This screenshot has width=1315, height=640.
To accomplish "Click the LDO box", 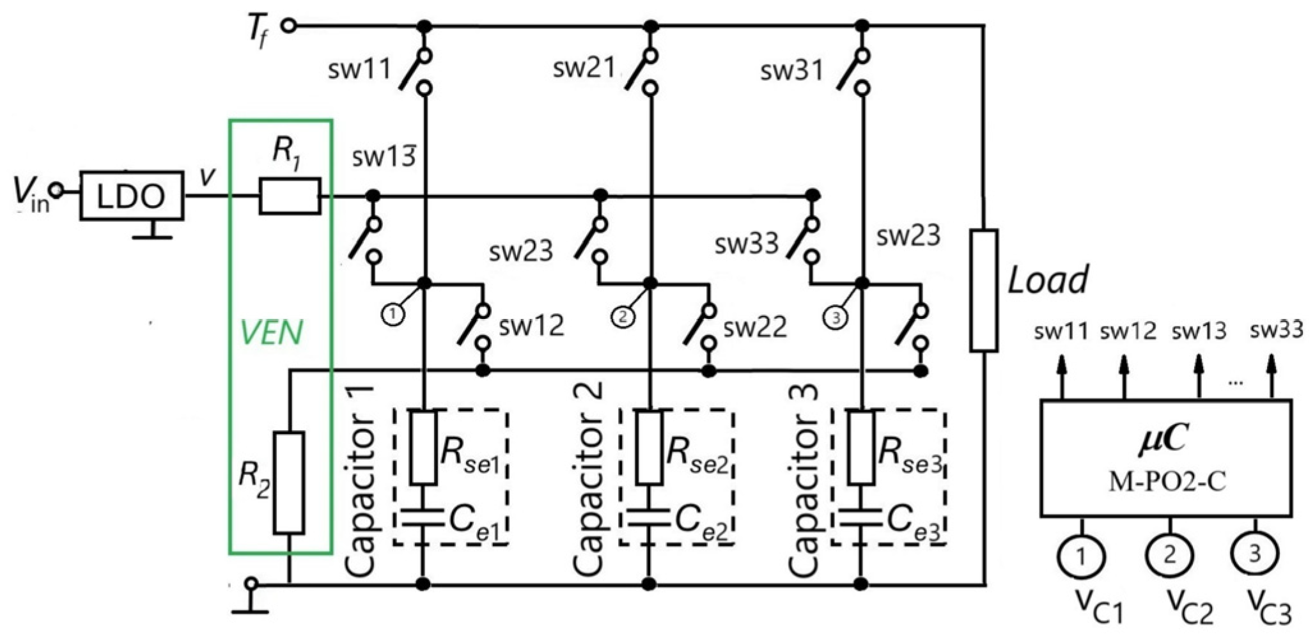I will (132, 196).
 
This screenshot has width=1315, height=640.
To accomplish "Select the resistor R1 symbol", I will (290, 196).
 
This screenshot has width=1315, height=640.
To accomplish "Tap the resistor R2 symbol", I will (289, 483).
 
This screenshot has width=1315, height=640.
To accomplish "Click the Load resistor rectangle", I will (984, 291).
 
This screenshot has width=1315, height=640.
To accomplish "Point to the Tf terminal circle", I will (289, 26).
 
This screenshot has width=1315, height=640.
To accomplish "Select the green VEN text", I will (271, 332).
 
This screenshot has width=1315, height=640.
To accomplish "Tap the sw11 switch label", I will (359, 69).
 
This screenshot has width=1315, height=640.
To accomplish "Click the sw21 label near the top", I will (584, 67).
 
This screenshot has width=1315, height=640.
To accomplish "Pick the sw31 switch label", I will (791, 70).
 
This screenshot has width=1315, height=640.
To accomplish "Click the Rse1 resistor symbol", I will (423, 447).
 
